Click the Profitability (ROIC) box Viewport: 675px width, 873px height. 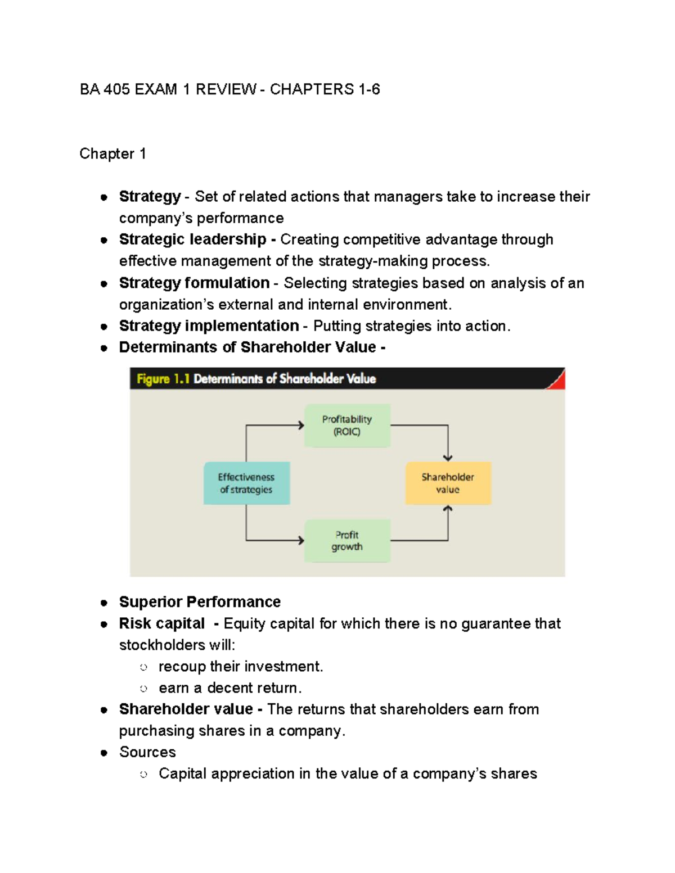point(347,426)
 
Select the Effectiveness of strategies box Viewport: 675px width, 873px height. point(246,483)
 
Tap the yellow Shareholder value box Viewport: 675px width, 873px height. point(448,483)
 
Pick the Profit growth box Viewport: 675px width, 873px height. point(347,541)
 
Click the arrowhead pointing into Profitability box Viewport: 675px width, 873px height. point(301,426)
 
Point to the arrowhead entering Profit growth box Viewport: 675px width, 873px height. point(301,541)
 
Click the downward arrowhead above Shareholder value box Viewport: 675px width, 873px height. point(448,458)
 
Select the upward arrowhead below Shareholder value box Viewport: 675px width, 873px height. point(448,509)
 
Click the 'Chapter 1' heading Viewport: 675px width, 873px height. point(112,153)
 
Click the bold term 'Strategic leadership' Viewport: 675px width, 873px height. point(192,239)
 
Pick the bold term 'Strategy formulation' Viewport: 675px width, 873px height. point(194,283)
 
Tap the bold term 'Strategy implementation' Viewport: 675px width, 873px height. point(209,326)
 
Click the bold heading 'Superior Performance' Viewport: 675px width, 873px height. point(200,602)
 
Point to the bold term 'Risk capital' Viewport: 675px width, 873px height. point(162,623)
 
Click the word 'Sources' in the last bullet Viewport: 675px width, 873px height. point(147,752)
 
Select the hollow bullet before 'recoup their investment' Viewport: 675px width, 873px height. point(143,667)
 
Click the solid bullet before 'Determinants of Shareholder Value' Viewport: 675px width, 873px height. point(104,348)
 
